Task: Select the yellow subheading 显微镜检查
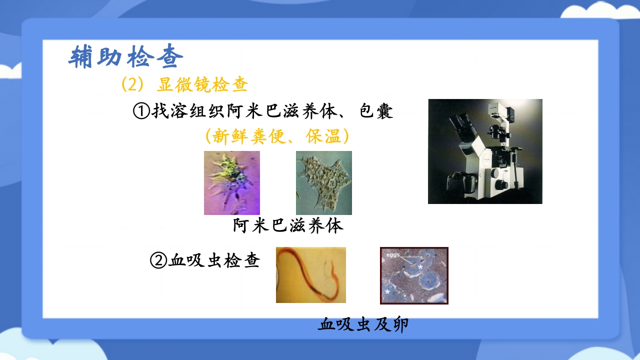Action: tap(202, 84)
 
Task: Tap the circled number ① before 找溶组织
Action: tap(141, 111)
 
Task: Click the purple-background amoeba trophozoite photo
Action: tap(231, 182)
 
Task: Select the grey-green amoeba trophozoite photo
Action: tap(323, 182)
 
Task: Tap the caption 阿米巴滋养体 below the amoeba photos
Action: tap(288, 226)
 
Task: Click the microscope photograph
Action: tap(484, 151)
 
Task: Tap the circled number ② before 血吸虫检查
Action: tap(158, 260)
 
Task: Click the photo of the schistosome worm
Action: tap(310, 274)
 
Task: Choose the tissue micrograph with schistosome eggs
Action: tap(414, 275)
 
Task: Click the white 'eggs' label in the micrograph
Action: tap(393, 255)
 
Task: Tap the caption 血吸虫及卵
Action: tap(363, 325)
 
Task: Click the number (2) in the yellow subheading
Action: tap(132, 84)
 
